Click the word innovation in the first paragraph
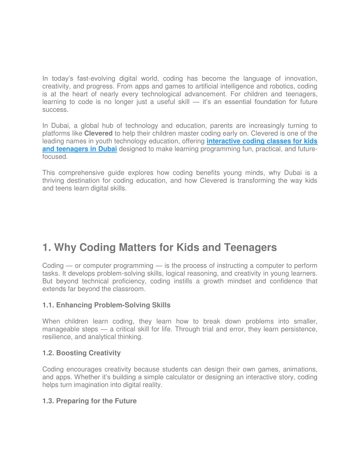pos(300,78)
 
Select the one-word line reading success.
pos(55,109)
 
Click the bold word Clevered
pos(98,133)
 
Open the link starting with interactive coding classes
pos(262,141)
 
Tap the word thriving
pos(53,180)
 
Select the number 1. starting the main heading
pos(47,247)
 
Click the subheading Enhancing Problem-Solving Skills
pos(113,305)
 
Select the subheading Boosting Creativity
pos(88,353)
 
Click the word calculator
pos(178,377)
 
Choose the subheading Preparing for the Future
pos(96,401)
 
